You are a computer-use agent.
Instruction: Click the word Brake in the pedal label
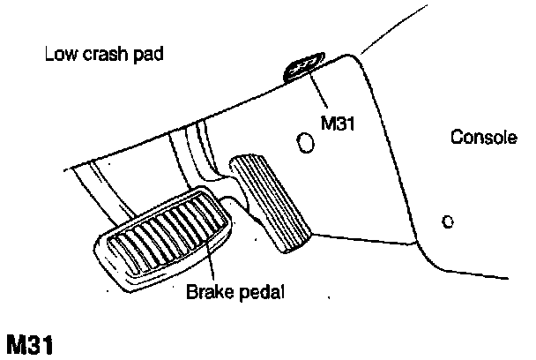[x=206, y=290]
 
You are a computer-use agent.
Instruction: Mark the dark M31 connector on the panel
[x=304, y=67]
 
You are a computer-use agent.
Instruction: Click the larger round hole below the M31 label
[x=306, y=141]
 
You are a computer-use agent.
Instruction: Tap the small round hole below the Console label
[x=447, y=221]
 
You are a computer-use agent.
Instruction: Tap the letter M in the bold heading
[x=16, y=343]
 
